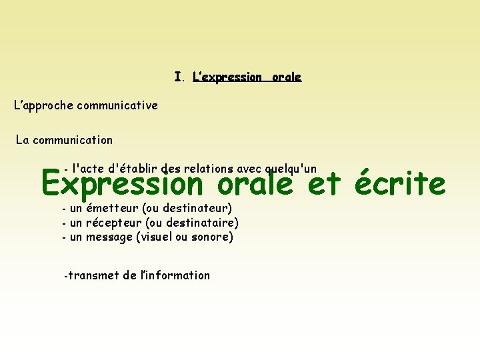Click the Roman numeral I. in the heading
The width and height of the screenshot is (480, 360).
tap(178, 77)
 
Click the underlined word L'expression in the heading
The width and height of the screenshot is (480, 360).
tap(227, 77)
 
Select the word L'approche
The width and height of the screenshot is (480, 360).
tap(44, 105)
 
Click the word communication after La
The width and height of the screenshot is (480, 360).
tap(73, 140)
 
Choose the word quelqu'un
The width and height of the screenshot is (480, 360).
tap(291, 169)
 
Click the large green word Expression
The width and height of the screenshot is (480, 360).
tap(121, 183)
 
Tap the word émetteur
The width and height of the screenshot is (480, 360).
tap(112, 209)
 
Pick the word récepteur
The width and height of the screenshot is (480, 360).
tap(113, 223)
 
